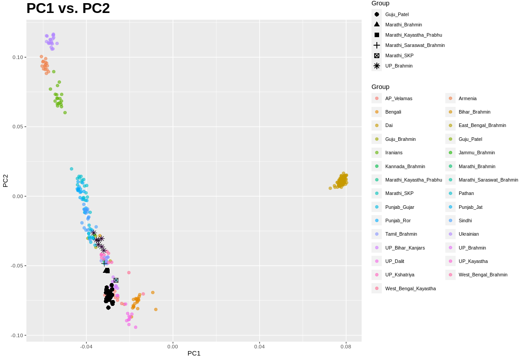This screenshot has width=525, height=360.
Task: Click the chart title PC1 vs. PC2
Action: pyautogui.click(x=68, y=8)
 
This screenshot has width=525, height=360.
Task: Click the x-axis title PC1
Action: pyautogui.click(x=194, y=353)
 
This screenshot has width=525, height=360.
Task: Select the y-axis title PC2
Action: pyautogui.click(x=6, y=181)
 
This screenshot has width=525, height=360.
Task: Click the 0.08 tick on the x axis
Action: pyautogui.click(x=346, y=347)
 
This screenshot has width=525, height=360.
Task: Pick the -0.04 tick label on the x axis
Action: pyautogui.click(x=86, y=347)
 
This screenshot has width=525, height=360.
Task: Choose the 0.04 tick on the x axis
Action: pyautogui.click(x=259, y=347)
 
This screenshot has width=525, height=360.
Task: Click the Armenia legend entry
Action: pyautogui.click(x=467, y=98)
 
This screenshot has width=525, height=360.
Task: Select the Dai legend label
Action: pyautogui.click(x=388, y=126)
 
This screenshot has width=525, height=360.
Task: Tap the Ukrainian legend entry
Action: pyautogui.click(x=468, y=234)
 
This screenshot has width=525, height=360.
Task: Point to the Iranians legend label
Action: pyautogui.click(x=393, y=152)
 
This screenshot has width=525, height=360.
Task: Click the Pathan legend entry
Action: pyautogui.click(x=466, y=193)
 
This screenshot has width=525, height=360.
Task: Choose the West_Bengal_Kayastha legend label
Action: pyautogui.click(x=410, y=288)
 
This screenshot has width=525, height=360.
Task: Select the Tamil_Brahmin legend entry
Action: pyautogui.click(x=401, y=234)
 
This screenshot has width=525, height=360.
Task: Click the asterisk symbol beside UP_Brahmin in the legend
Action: pyautogui.click(x=377, y=66)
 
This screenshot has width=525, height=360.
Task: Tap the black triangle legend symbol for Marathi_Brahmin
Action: pyautogui.click(x=377, y=25)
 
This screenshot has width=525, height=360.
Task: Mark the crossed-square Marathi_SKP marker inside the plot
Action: pyautogui.click(x=116, y=280)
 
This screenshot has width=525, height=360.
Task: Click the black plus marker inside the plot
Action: pyautogui.click(x=104, y=263)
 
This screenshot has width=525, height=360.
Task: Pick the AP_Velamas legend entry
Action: pyautogui.click(x=398, y=98)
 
